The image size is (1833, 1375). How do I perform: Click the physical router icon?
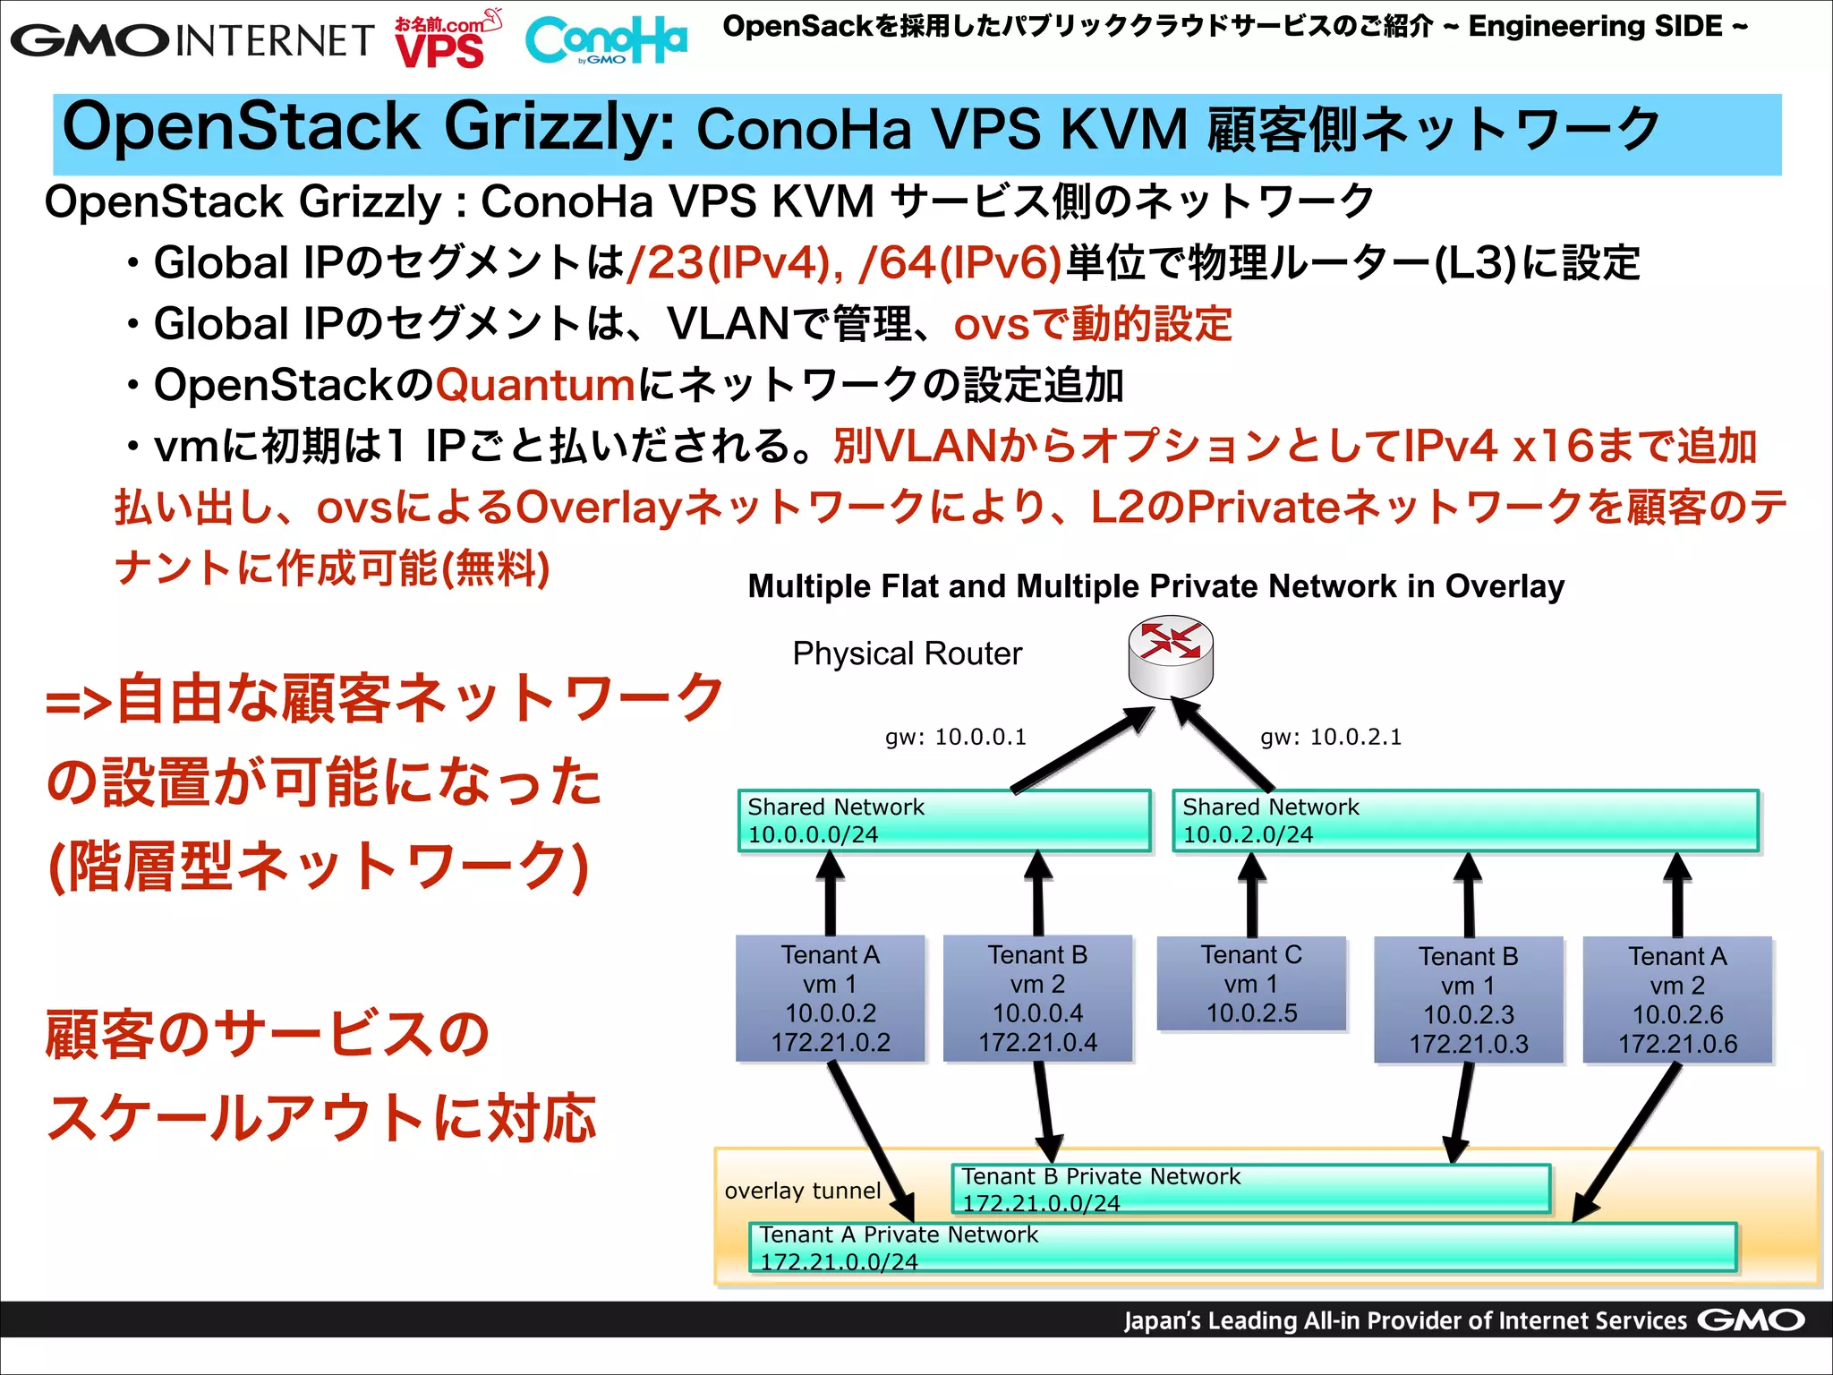click(1170, 656)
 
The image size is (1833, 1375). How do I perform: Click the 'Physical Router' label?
click(907, 653)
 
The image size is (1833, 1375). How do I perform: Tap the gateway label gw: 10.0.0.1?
click(955, 737)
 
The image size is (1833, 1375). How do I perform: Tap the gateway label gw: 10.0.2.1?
click(1331, 737)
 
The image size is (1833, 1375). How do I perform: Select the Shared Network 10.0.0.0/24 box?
click(944, 821)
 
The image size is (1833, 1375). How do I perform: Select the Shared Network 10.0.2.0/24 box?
click(1465, 821)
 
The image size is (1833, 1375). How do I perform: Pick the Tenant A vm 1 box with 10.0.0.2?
click(831, 998)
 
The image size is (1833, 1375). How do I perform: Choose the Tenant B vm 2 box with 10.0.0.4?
click(1037, 998)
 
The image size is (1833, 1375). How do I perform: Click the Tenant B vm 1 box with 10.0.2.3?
click(1469, 1000)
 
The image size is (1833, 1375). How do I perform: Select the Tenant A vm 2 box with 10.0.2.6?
click(1677, 1000)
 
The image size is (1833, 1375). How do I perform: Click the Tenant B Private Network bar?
click(1250, 1189)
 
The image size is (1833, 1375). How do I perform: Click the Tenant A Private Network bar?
click(1242, 1247)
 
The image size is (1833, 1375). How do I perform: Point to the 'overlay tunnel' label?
click(803, 1191)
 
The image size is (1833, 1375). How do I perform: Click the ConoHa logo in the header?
click(606, 40)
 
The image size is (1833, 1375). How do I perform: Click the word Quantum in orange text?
click(535, 385)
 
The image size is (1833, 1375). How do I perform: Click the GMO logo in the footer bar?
click(1751, 1320)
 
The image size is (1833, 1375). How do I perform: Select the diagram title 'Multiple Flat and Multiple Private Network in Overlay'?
click(1155, 586)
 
